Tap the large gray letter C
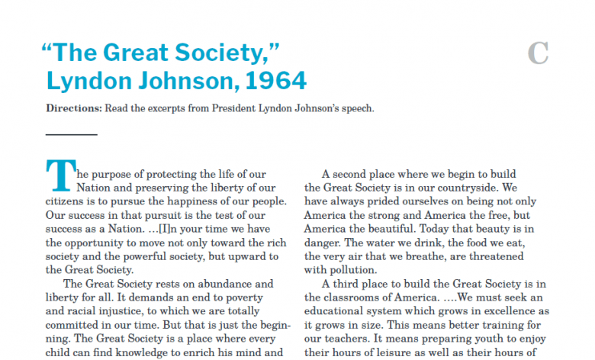[538, 53]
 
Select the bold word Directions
[73, 108]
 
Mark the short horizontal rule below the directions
[72, 134]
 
